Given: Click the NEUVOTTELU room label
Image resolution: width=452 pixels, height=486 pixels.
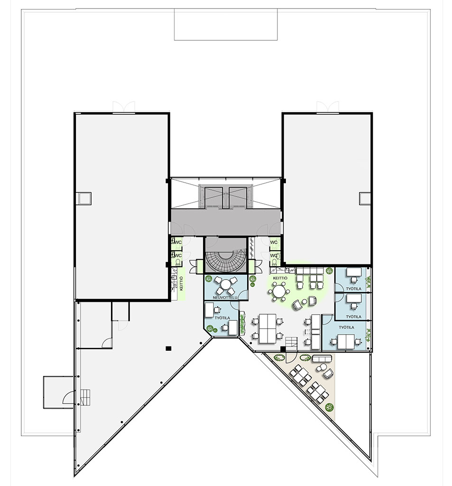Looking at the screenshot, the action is tap(225, 298).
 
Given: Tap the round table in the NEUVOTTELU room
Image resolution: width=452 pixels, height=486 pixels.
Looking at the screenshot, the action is tap(226, 284).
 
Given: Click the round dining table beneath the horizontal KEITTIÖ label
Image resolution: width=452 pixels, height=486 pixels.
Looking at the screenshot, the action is tap(279, 291).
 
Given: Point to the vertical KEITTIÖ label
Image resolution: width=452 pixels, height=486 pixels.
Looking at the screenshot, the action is tap(181, 284).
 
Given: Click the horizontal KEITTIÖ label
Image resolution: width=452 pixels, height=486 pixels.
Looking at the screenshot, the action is tap(280, 278).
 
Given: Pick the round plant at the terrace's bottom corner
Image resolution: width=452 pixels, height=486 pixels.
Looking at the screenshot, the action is tap(329, 407).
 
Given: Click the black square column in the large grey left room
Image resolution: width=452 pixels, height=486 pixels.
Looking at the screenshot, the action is tap(168, 348).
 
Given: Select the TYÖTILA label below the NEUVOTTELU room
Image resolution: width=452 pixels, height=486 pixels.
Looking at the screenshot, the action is tap(222, 318).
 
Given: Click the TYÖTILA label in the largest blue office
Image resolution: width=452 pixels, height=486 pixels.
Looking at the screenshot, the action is tap(346, 327).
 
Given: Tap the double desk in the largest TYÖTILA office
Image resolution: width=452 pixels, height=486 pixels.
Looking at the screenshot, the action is tap(346, 342).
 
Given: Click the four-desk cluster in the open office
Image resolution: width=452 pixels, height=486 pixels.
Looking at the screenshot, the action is tap(268, 329).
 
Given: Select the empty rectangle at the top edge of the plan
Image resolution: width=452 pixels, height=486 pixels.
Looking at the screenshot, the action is tap(226, 25).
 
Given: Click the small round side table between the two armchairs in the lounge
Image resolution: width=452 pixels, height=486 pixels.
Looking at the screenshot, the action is tap(304, 301).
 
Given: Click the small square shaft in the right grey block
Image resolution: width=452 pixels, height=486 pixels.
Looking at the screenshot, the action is tap(365, 198).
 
